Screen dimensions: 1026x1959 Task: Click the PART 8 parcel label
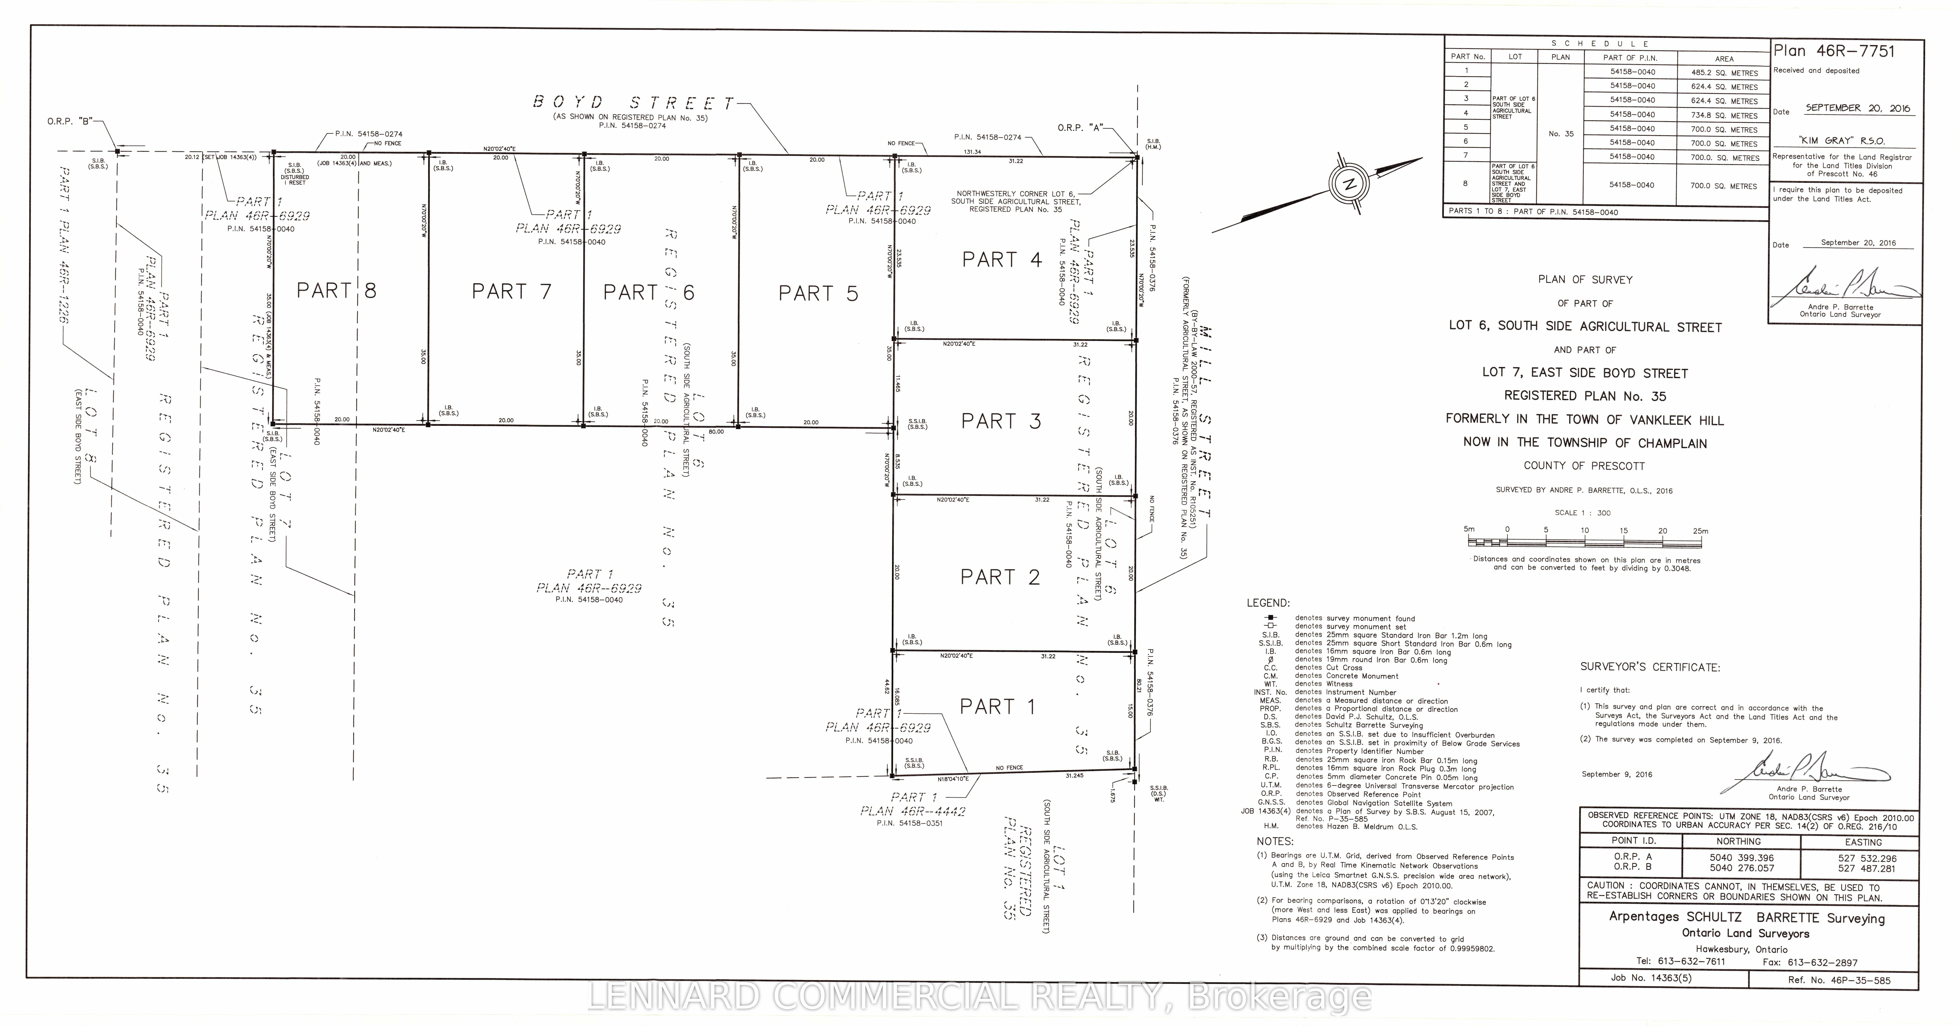coord(336,291)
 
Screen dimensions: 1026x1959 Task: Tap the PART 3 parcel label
coord(1001,421)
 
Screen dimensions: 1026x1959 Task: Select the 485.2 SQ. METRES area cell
coord(1724,73)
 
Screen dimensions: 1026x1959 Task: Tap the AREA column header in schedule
coord(1724,59)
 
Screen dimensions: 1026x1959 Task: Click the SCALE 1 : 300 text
coord(1582,513)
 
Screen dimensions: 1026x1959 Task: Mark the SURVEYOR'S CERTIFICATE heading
coord(1649,667)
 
